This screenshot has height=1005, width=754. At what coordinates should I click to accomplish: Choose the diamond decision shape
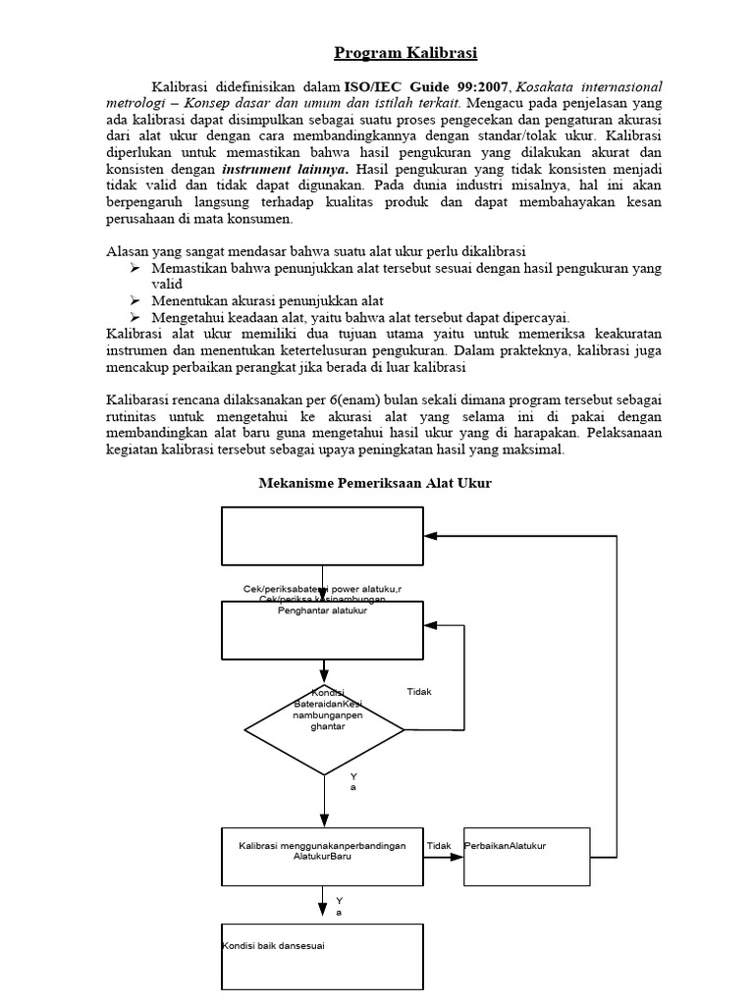point(323,730)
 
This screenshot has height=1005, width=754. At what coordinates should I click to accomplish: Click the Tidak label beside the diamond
point(419,692)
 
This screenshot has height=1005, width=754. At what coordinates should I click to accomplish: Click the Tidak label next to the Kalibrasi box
point(439,845)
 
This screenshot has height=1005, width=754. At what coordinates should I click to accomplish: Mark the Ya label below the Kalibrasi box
point(340,906)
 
